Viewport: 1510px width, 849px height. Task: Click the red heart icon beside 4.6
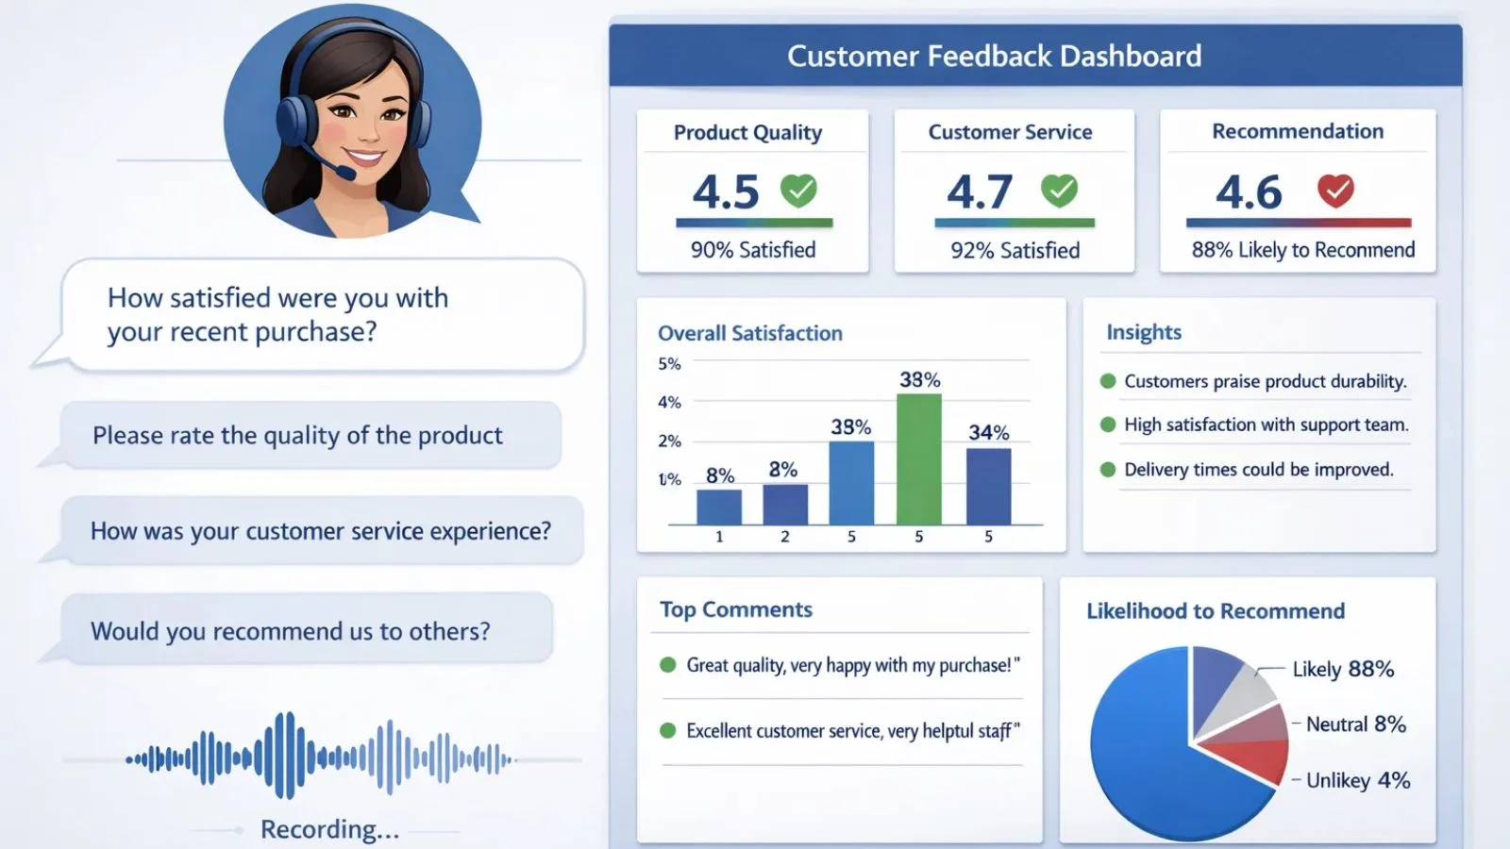pyautogui.click(x=1335, y=190)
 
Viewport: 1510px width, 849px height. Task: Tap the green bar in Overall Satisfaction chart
pyautogui.click(x=919, y=459)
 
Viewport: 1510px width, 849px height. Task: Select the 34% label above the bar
pyautogui.click(x=989, y=432)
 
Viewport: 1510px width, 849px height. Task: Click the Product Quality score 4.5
pyautogui.click(x=726, y=192)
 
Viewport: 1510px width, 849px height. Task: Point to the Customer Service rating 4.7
pyautogui.click(x=980, y=191)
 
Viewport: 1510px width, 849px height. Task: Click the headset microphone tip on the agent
pyautogui.click(x=347, y=174)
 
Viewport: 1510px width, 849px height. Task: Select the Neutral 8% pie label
pyautogui.click(x=1356, y=724)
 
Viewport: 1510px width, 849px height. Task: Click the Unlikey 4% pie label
pyautogui.click(x=1358, y=780)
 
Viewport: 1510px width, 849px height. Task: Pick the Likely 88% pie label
pyautogui.click(x=1344, y=669)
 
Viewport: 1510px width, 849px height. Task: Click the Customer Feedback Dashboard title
pyautogui.click(x=995, y=56)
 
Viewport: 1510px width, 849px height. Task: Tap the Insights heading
pyautogui.click(x=1144, y=332)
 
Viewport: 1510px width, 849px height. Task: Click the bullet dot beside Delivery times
pyautogui.click(x=1108, y=470)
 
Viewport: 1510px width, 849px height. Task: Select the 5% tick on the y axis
pyautogui.click(x=669, y=364)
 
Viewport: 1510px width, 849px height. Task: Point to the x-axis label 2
pyautogui.click(x=784, y=537)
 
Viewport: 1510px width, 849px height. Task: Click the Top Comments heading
pyautogui.click(x=736, y=609)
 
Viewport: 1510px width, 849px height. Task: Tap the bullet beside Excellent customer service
pyautogui.click(x=667, y=730)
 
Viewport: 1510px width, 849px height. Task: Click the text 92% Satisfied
pyautogui.click(x=1015, y=251)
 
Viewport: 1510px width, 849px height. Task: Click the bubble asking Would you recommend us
pyautogui.click(x=307, y=629)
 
